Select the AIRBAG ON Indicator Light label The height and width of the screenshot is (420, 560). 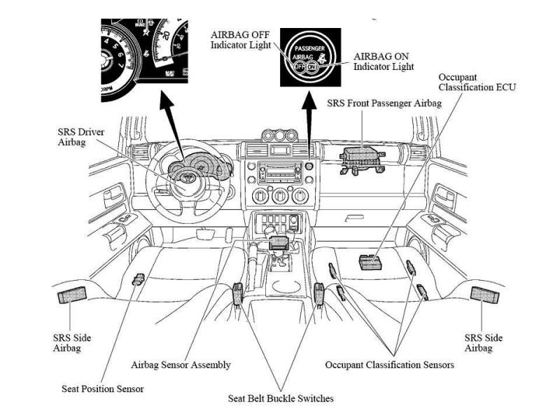pyautogui.click(x=384, y=61)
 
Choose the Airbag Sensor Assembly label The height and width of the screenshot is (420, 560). pyautogui.click(x=181, y=365)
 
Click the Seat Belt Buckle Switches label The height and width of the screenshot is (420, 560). pyautogui.click(x=281, y=398)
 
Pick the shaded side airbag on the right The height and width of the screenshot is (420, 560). pyautogui.click(x=485, y=295)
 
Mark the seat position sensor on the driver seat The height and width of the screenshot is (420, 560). pyautogui.click(x=138, y=279)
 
